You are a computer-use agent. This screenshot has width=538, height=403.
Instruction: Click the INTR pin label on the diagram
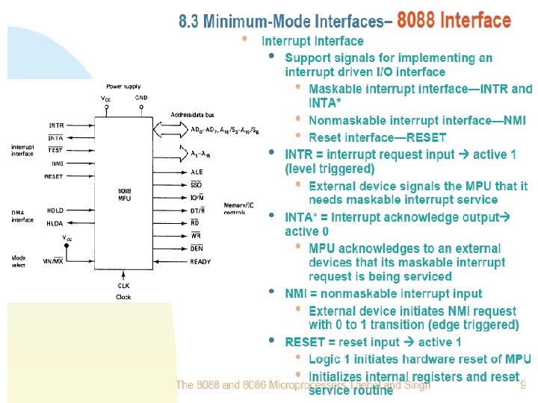56,125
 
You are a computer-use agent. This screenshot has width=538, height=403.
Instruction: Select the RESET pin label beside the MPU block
54,177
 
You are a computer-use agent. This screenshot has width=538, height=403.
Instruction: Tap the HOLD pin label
55,210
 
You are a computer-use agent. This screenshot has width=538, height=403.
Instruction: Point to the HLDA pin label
55,223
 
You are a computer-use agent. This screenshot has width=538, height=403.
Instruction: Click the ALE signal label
197,171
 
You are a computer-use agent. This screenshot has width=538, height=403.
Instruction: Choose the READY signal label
200,262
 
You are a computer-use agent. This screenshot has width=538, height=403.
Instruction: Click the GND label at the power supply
141,97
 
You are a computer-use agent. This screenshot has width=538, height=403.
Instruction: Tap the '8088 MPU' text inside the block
125,196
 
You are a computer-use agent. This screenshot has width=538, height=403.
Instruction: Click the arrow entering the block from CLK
123,272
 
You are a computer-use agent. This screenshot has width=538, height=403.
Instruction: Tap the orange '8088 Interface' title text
454,20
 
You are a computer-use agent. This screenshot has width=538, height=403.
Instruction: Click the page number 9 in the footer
523,386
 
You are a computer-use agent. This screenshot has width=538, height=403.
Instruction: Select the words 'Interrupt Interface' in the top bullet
312,41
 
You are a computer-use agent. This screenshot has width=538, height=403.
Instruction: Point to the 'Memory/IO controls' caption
239,208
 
